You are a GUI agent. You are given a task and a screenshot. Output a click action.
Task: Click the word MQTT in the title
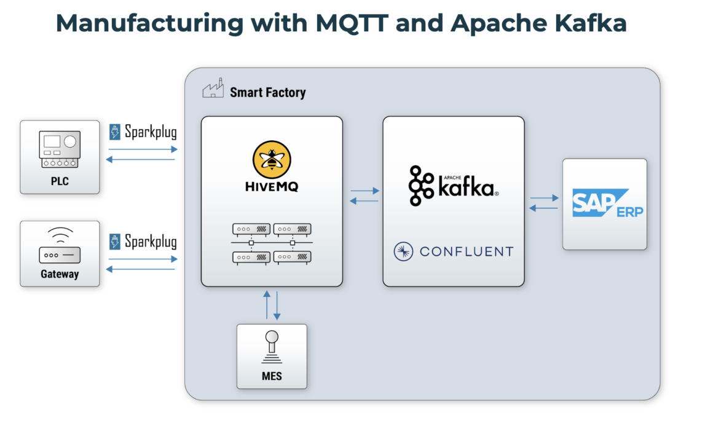click(x=350, y=23)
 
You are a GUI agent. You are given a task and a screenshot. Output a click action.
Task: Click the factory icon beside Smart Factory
click(x=213, y=91)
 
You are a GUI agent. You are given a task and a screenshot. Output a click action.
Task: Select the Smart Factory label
click(x=267, y=93)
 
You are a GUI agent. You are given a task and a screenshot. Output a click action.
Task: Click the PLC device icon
click(x=60, y=149)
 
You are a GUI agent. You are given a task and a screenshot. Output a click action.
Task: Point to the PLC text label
click(x=60, y=182)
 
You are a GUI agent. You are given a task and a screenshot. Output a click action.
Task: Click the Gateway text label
click(x=60, y=274)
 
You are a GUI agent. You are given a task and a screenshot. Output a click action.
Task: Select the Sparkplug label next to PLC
click(x=150, y=132)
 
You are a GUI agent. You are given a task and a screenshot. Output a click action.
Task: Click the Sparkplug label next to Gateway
click(x=150, y=241)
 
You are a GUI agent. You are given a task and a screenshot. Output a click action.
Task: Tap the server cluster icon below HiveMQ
click(x=272, y=243)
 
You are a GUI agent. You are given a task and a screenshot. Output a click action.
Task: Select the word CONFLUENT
click(x=466, y=251)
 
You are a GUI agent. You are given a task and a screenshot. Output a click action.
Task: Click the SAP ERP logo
click(x=604, y=204)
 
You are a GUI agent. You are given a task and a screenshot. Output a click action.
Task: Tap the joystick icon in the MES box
click(x=271, y=347)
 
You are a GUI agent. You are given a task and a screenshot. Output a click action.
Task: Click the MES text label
click(x=271, y=376)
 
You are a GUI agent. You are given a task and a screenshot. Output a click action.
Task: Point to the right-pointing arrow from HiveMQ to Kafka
click(x=364, y=191)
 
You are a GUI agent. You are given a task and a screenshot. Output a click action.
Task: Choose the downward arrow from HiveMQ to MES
click(x=277, y=305)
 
